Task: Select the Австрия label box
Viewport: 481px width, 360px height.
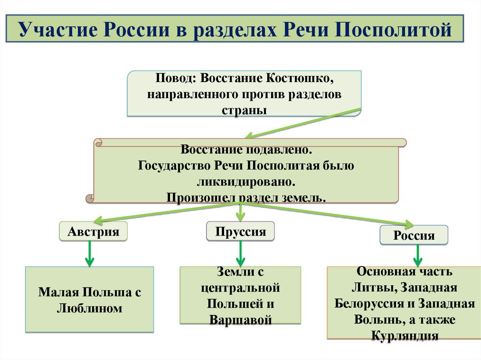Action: click(x=93, y=231)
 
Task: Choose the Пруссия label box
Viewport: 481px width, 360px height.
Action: click(x=240, y=231)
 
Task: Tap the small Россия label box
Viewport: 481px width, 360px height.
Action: click(x=413, y=235)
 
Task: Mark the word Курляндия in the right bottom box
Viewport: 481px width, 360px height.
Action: click(x=404, y=336)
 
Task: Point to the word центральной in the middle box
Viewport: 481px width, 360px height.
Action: click(x=240, y=287)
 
